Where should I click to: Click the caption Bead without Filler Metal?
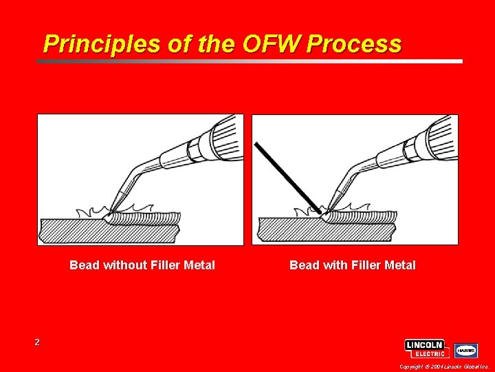point(142,265)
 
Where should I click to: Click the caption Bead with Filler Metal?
point(353,265)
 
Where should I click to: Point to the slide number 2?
point(37,342)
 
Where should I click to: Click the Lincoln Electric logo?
point(427,349)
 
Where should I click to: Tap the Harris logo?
point(467,350)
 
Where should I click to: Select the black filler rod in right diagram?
point(285,172)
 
